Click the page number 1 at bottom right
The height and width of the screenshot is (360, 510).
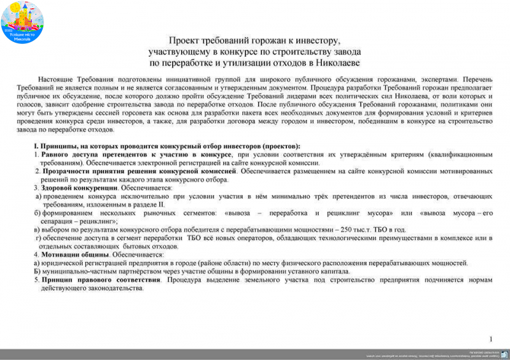tap(491, 339)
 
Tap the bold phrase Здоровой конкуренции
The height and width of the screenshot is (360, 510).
tap(80, 189)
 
